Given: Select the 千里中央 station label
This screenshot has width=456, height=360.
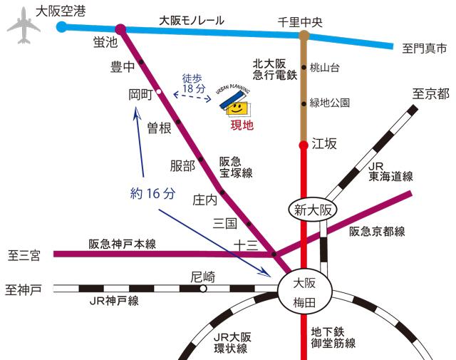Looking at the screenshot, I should click(x=300, y=22).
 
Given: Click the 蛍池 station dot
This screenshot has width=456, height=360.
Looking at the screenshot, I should click(x=121, y=29).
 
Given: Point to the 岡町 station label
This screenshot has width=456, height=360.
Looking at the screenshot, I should click(x=140, y=93).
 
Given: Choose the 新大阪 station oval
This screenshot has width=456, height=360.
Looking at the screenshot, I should click(x=314, y=210).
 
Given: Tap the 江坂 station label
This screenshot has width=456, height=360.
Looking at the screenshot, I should click(x=324, y=144).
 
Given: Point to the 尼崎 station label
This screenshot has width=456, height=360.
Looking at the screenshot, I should click(x=202, y=276).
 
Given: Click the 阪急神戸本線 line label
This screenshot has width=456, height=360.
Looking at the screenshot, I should click(x=122, y=244).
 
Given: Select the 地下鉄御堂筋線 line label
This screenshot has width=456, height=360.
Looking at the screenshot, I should click(x=333, y=337).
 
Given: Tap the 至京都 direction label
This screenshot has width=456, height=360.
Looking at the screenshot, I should click(x=430, y=93).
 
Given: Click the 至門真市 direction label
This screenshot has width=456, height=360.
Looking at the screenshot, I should click(x=424, y=48).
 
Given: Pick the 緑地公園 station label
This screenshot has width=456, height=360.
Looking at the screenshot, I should click(x=330, y=103).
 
